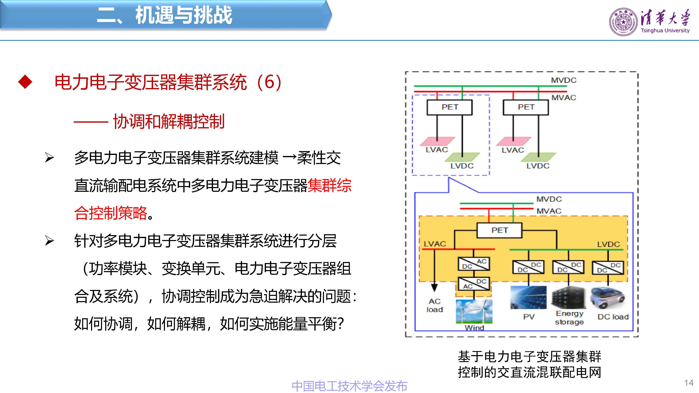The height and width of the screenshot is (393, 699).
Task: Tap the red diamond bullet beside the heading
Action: point(25,82)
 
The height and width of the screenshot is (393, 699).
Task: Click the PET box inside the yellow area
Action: point(499,230)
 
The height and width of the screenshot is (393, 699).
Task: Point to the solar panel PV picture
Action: point(528,297)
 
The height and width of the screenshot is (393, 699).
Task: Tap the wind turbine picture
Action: point(474,311)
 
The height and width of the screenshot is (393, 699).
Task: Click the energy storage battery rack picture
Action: point(569,297)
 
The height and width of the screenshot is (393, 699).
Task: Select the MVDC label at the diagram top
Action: point(564,80)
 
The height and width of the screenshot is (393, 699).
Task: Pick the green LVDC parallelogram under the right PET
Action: point(538,157)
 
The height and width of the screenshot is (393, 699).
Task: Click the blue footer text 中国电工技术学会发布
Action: point(349,386)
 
